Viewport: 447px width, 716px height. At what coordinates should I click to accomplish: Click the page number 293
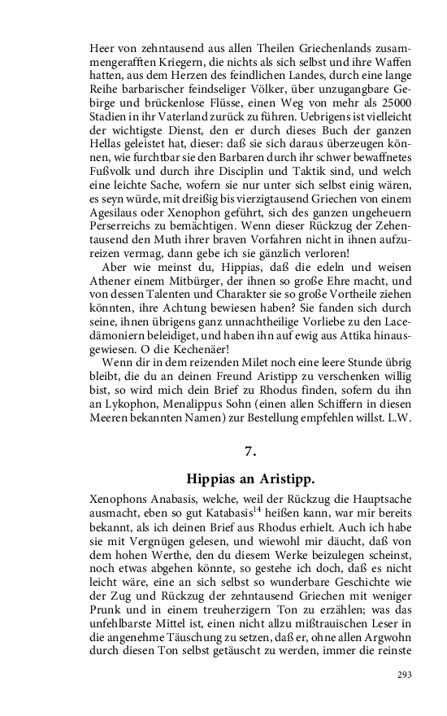[x=404, y=675]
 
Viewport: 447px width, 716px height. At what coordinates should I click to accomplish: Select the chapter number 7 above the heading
[x=250, y=452]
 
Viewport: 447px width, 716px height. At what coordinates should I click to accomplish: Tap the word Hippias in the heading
[x=213, y=478]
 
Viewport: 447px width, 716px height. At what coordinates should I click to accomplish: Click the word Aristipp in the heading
[x=286, y=478]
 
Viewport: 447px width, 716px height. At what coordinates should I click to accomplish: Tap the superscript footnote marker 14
[x=257, y=511]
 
